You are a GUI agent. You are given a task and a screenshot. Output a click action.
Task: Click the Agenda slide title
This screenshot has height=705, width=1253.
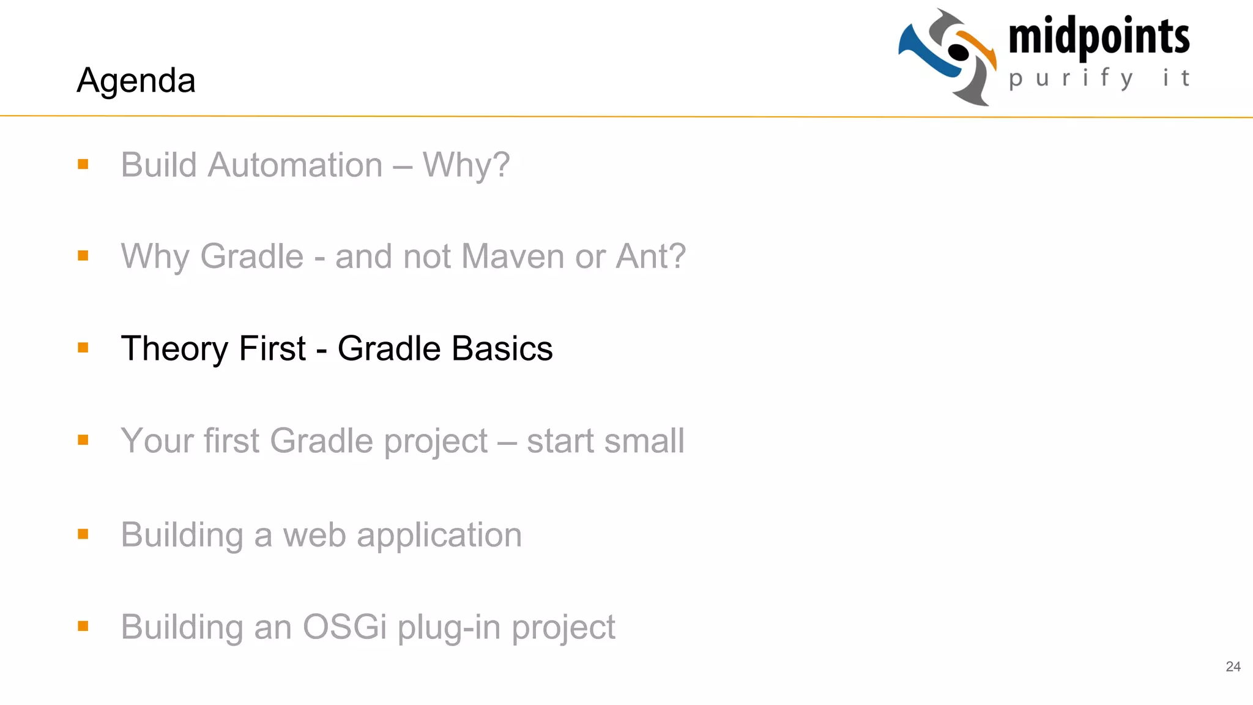pyautogui.click(x=136, y=80)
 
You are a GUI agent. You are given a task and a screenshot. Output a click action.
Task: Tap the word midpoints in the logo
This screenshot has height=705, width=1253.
pyautogui.click(x=1099, y=37)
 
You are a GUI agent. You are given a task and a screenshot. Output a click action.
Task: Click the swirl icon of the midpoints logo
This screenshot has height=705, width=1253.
pyautogui.click(x=948, y=56)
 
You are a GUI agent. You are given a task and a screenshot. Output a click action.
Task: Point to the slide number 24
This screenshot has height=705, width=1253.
pyautogui.click(x=1233, y=666)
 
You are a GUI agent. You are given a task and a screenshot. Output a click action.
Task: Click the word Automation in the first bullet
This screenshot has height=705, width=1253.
pyautogui.click(x=295, y=165)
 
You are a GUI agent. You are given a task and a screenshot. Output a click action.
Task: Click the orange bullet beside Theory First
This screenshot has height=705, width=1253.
pyautogui.click(x=83, y=348)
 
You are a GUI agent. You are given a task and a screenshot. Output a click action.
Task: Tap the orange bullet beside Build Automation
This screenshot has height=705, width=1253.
pyautogui.click(x=83, y=164)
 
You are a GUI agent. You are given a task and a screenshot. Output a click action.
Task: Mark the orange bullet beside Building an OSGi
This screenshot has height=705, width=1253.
pyautogui.click(x=83, y=625)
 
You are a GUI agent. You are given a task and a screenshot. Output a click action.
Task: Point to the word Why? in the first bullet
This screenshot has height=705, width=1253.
pyautogui.click(x=466, y=165)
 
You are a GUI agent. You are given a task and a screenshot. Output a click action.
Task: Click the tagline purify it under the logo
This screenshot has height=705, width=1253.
pyautogui.click(x=1099, y=78)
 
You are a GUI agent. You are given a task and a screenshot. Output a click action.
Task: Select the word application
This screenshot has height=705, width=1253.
pyautogui.click(x=439, y=536)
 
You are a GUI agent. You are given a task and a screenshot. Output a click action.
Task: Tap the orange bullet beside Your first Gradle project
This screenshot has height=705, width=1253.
pyautogui.click(x=83, y=439)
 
